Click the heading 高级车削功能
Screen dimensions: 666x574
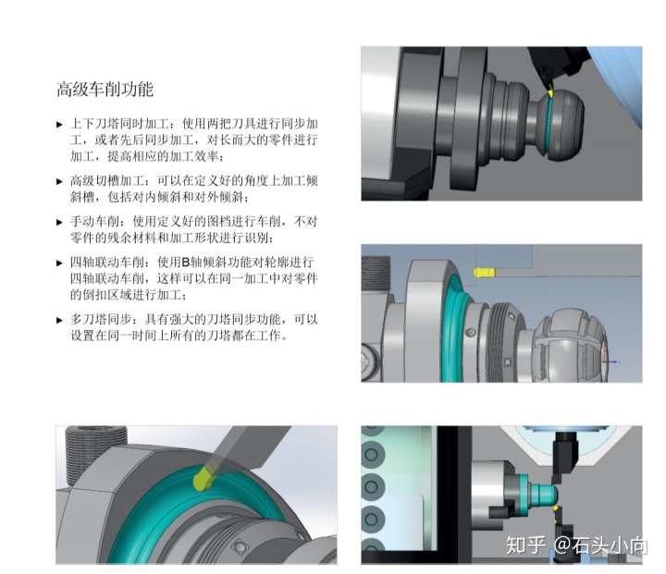pyautogui.click(x=105, y=90)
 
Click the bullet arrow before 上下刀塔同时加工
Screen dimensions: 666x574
pyautogui.click(x=59, y=125)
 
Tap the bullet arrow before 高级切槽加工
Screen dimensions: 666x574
pyautogui.click(x=59, y=182)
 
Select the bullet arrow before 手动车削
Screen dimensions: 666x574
pyautogui.click(x=59, y=222)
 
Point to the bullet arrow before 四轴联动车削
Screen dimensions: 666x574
pyautogui.click(x=59, y=263)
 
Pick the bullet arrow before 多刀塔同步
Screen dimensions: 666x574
pyautogui.click(x=59, y=320)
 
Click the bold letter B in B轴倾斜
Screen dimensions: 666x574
pyautogui.click(x=185, y=263)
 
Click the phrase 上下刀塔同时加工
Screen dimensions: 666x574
pyautogui.click(x=119, y=124)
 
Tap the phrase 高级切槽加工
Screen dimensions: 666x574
pyautogui.click(x=107, y=181)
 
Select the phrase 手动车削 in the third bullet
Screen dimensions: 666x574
pyautogui.click(x=94, y=222)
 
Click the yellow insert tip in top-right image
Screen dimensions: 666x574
pyautogui.click(x=550, y=91)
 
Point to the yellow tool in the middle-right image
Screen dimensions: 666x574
pyautogui.click(x=484, y=272)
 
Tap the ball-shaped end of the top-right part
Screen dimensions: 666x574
pyautogui.click(x=561, y=125)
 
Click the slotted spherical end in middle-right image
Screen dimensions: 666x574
pyautogui.click(x=570, y=346)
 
